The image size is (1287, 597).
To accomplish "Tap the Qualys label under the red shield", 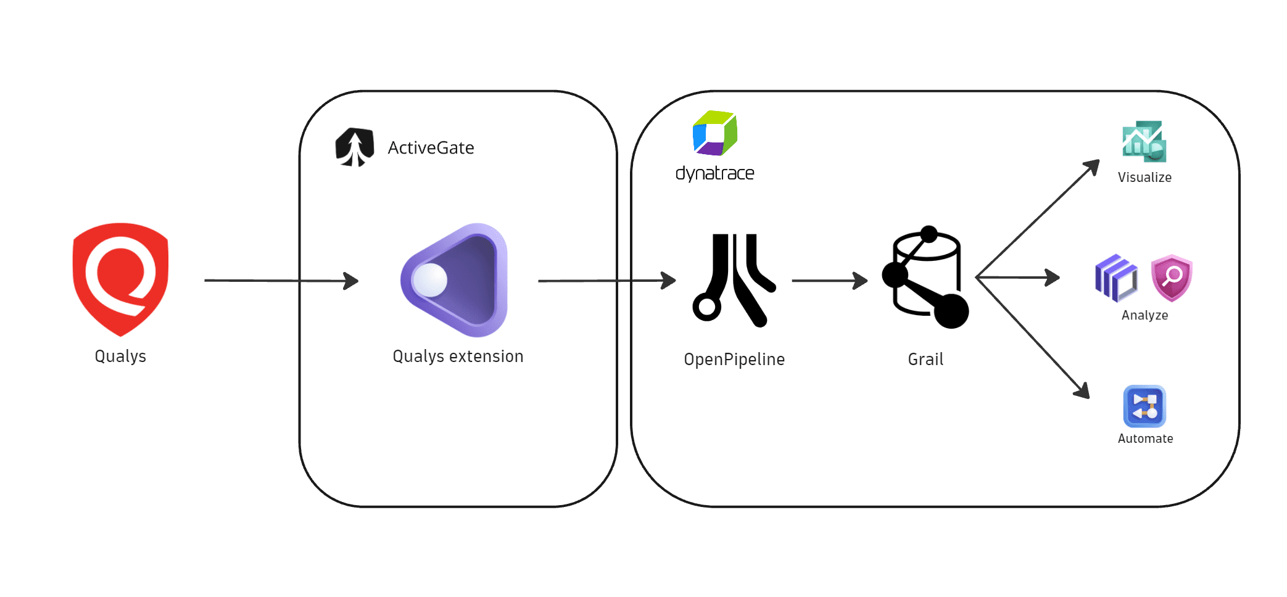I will point(120,356).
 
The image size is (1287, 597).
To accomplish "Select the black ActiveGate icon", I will point(355,147).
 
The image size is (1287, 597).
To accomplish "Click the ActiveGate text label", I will point(431,148).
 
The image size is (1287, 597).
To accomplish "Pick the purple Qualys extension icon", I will point(455,280).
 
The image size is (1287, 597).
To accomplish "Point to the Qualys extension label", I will point(458,356).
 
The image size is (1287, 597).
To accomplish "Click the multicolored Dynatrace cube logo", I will point(714,133).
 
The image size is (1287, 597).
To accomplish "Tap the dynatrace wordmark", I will point(714,173).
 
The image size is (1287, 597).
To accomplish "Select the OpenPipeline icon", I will point(734,280).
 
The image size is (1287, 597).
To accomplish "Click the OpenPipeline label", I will point(734,360).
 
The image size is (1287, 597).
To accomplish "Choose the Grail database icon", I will point(925,278).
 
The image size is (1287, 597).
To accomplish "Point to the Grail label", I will point(925,360).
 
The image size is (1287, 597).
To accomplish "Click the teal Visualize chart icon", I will point(1144,142).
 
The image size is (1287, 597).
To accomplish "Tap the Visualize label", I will point(1144,178).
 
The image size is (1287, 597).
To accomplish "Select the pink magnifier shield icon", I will point(1172,278).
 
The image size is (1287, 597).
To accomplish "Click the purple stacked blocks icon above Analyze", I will point(1116,278).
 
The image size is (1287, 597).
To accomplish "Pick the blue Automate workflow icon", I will point(1144,406).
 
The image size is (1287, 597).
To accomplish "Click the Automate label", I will point(1145,438).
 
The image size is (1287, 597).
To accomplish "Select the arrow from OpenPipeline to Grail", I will point(829,281).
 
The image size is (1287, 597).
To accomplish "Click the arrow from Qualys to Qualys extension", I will point(281,281).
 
